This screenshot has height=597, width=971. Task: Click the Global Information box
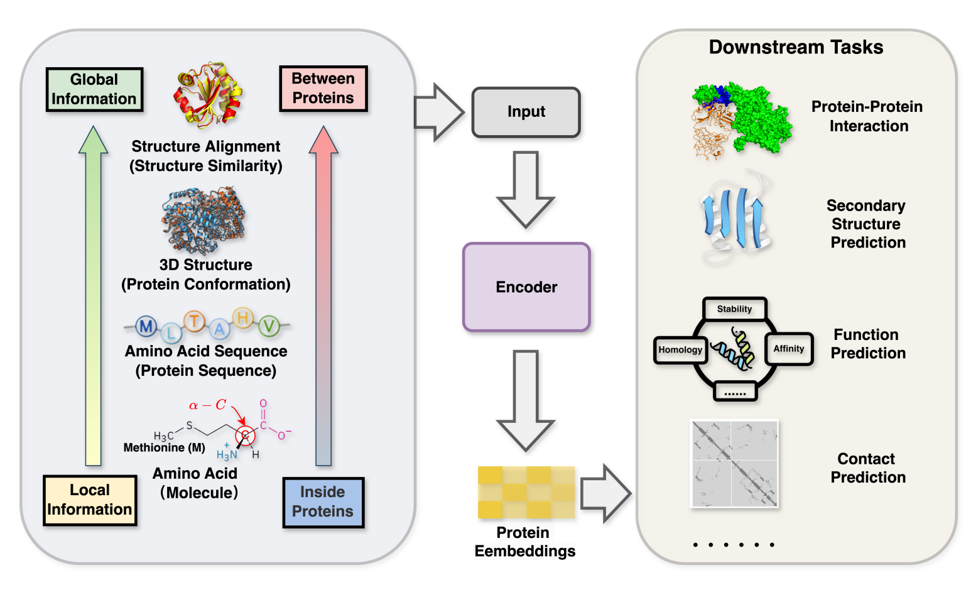[94, 89]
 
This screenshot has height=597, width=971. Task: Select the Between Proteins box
[323, 89]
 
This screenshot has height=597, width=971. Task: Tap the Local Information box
[90, 500]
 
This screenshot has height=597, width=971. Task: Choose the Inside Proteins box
[323, 501]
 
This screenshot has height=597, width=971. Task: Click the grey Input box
[526, 112]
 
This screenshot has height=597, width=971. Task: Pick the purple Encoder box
[526, 287]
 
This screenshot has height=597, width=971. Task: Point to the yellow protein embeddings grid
[526, 492]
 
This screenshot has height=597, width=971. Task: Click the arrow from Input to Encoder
[526, 189]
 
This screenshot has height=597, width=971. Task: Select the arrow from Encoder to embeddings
[526, 399]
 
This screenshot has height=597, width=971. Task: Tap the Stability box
[734, 309]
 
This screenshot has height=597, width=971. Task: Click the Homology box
[680, 350]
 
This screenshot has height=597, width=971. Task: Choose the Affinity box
[789, 349]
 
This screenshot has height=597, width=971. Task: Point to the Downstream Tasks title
[796, 47]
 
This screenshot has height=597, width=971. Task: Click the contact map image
[734, 464]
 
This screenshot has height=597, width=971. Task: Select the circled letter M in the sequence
[146, 326]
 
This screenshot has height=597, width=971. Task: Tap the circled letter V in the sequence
[269, 326]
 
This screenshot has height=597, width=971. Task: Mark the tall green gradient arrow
[94, 295]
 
